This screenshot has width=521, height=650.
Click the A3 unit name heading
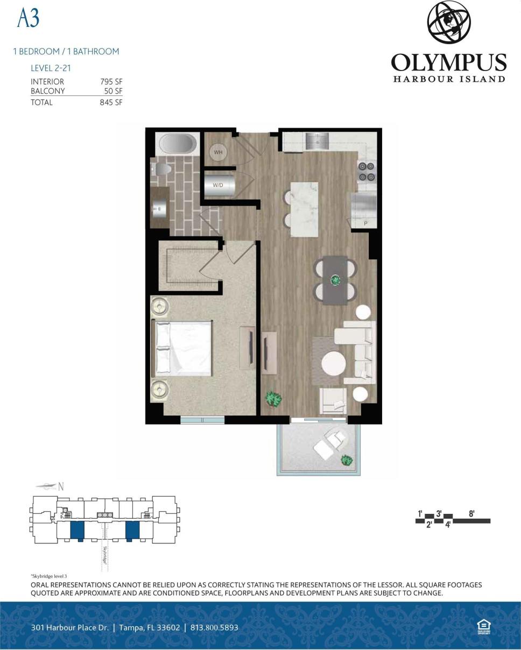click(29, 19)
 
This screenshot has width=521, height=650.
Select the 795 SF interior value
click(111, 82)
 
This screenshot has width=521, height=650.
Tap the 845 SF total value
click(111, 102)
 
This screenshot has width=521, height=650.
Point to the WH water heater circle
click(218, 152)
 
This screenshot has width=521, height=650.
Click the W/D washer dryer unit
click(219, 185)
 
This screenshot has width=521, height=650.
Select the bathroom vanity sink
click(160, 209)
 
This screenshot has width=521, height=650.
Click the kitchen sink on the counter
click(318, 141)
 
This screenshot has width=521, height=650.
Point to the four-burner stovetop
click(367, 171)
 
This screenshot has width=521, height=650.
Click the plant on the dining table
click(336, 280)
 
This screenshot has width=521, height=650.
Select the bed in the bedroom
click(183, 348)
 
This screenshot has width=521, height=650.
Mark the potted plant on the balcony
click(347, 461)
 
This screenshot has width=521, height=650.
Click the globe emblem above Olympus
click(449, 23)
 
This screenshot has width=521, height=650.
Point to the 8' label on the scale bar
click(471, 514)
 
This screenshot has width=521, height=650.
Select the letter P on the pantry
click(365, 223)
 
